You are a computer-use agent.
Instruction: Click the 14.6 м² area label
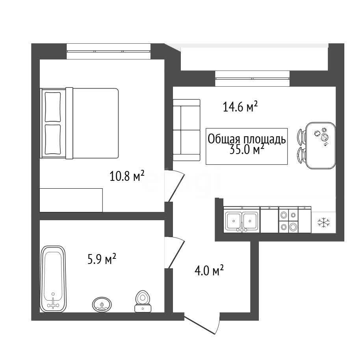coord(240,107)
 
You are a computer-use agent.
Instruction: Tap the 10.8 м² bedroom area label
coord(127,176)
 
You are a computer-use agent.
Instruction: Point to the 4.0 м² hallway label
coord(209,271)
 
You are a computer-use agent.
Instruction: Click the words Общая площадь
coord(247,139)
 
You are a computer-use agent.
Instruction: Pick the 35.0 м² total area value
coord(247,150)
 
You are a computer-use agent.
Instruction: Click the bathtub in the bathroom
coord(53,279)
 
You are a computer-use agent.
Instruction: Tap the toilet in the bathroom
coord(143,301)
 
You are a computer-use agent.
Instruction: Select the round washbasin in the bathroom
coord(102,305)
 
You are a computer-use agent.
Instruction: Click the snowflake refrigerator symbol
coord(323,223)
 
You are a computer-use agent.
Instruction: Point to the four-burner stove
coord(288,219)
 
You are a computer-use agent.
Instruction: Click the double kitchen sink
coord(241,219)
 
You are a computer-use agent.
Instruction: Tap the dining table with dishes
coord(321,145)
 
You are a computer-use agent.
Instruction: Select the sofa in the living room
coord(186,130)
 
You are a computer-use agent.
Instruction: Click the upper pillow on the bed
coord(53,107)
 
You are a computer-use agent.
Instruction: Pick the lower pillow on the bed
coord(53,139)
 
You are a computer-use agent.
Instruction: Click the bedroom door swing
coord(175,186)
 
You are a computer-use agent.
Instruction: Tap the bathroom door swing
coord(175,253)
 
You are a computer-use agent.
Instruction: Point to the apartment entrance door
coord(202,323)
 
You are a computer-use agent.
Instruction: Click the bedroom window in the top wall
coord(109,51)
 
